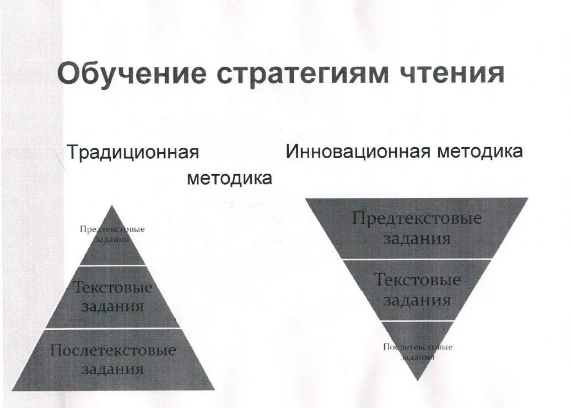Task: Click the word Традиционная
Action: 132,152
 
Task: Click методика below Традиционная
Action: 229,178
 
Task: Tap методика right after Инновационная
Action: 480,151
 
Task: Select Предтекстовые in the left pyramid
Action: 112,229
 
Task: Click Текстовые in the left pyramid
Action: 112,287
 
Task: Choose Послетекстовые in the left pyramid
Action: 113,350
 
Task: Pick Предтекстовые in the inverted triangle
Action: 417,218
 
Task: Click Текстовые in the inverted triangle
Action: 417,280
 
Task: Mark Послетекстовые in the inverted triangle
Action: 417,347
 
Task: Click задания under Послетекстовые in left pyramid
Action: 113,369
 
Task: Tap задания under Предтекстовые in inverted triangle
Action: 417,238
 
